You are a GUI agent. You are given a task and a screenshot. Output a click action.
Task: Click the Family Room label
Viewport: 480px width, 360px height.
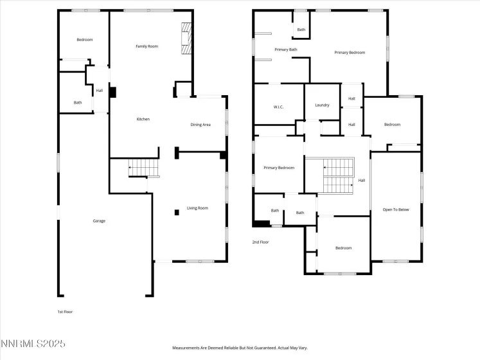pos(147,46)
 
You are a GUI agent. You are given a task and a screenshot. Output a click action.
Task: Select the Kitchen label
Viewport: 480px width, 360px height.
pos(143,119)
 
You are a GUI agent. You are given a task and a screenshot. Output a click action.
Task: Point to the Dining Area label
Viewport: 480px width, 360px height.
pos(200,125)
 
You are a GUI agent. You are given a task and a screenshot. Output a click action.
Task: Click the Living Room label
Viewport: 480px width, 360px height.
pos(197,208)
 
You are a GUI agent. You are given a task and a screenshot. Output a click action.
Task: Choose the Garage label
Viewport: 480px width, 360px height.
pos(99,221)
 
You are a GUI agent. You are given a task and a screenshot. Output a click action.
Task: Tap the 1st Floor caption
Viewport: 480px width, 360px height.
pos(65,312)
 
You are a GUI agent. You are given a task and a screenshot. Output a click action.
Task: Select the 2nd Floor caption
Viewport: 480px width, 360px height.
pos(260,242)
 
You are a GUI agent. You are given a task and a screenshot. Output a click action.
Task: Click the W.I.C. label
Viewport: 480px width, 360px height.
pos(279,107)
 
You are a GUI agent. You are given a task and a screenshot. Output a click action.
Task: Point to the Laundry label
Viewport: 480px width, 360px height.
pos(322,105)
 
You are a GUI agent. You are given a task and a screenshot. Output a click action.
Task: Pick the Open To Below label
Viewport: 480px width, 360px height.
pos(396,210)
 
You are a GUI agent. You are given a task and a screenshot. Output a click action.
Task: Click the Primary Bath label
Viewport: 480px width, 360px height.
pos(285,50)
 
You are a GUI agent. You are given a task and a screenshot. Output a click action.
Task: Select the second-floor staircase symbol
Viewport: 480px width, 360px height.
pos(338,175)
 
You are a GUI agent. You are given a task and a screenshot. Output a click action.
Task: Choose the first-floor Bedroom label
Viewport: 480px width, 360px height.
pos(85,40)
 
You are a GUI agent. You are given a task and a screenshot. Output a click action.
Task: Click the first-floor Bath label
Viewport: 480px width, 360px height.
pos(78,102)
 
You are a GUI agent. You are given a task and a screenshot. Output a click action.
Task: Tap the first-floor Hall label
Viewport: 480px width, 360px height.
pos(100,91)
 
